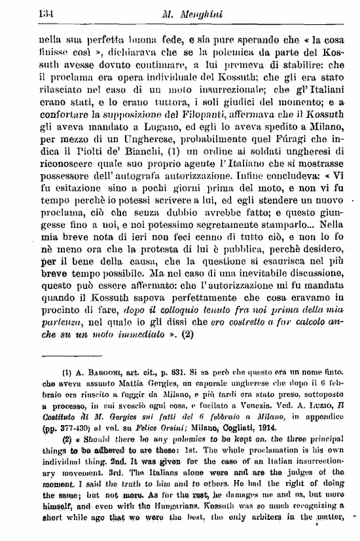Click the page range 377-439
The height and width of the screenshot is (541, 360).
coord(60,428)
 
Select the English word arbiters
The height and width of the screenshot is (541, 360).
coord(267,523)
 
